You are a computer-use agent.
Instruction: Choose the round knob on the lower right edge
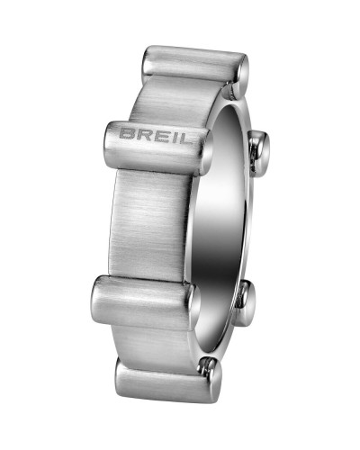coord(246,302)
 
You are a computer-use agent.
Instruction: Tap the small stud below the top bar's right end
coord(236,89)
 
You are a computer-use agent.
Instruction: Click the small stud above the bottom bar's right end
coord(209,364)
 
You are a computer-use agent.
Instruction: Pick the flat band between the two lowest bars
coord(157,342)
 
